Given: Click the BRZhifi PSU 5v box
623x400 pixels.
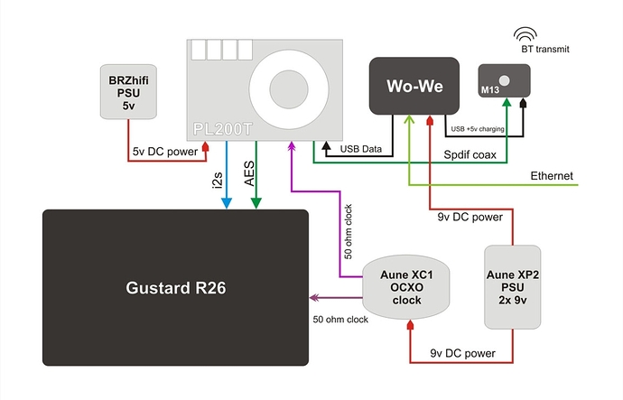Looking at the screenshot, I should click(x=128, y=90).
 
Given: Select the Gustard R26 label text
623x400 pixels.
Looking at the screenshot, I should click(x=176, y=289).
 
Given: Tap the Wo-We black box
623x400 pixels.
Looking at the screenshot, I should click(x=414, y=87).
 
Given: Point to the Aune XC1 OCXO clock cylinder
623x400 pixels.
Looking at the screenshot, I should click(x=405, y=285).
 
